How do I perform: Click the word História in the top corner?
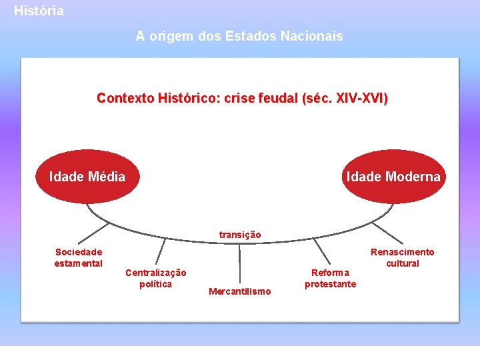[39, 11]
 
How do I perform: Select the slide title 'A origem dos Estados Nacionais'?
[239, 36]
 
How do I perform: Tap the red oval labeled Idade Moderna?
[393, 177]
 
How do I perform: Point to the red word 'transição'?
[240, 235]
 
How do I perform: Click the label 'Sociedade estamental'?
[79, 257]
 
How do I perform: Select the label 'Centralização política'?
[156, 279]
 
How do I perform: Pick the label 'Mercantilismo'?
[240, 291]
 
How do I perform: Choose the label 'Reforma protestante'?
[331, 279]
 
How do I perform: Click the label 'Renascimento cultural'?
[402, 257]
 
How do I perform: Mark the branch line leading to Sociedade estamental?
[93, 231]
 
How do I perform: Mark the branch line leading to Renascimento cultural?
[387, 233]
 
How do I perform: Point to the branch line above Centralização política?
[160, 252]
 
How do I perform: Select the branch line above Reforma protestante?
[322, 251]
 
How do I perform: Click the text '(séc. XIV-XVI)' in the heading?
[345, 98]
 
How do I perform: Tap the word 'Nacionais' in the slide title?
[315, 36]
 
